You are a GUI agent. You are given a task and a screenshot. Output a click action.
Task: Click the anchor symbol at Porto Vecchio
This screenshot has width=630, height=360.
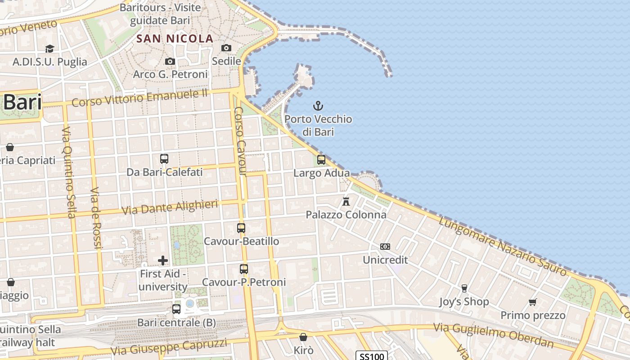(x=318, y=106)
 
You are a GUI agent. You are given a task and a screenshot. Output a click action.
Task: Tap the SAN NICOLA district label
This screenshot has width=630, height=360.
(x=175, y=39)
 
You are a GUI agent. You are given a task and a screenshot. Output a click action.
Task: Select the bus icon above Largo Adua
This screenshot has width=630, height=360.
(x=321, y=159)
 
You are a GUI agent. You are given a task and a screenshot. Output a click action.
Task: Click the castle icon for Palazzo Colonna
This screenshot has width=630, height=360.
(x=346, y=201)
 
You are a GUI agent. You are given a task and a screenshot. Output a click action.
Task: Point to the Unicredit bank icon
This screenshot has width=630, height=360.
(x=385, y=246)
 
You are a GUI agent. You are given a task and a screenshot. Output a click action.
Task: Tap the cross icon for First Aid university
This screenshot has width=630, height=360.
(x=163, y=260)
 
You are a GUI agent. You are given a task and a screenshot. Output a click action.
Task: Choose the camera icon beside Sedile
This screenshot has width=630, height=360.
(x=226, y=48)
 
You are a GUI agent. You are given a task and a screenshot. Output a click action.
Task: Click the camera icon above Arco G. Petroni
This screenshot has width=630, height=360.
(x=170, y=61)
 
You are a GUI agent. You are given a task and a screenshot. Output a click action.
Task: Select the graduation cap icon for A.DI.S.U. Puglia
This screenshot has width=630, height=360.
(x=49, y=49)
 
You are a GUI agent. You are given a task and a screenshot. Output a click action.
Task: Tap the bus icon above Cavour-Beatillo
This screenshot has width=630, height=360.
(x=241, y=228)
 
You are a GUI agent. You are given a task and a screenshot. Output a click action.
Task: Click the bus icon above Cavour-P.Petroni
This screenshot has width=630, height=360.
(x=244, y=269)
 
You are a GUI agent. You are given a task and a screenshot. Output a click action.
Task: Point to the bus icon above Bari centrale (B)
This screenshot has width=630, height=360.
(x=176, y=309)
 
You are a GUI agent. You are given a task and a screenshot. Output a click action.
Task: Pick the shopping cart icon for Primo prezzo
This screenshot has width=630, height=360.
(x=533, y=302)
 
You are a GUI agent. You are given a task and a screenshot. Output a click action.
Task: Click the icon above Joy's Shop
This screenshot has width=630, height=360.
(x=464, y=288)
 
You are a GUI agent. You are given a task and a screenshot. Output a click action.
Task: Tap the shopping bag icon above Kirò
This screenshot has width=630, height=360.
(x=303, y=337)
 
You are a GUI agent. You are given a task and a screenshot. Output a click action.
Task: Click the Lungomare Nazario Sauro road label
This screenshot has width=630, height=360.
(x=503, y=246)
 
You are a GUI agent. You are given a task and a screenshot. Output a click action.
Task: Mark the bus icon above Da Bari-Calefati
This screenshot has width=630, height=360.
(x=164, y=158)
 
